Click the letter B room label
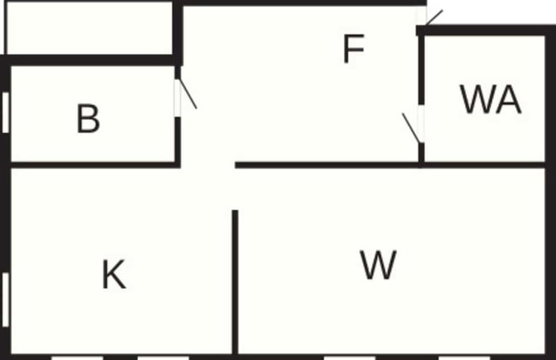point(88,118)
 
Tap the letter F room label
point(354,49)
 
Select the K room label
point(114,274)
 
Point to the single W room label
point(378,265)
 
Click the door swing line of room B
point(188,93)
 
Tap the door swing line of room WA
point(411,128)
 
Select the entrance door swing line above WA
point(434,18)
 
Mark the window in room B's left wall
point(5,113)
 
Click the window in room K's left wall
point(5,300)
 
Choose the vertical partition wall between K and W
point(235,281)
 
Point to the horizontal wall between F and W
point(327,165)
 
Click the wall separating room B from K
point(95,165)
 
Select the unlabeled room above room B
point(89,28)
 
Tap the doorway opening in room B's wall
point(177,98)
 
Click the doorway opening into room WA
point(421,124)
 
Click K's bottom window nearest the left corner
point(77,358)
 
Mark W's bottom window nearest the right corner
point(464,358)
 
